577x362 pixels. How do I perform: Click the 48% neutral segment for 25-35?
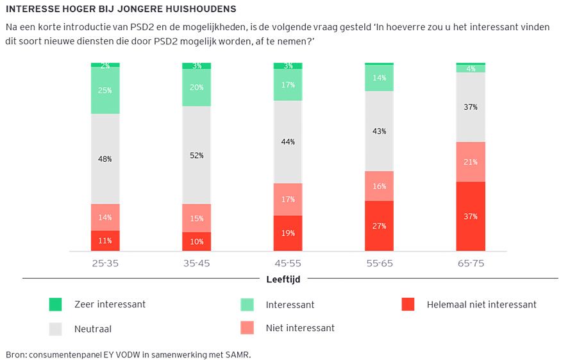coord(105,159)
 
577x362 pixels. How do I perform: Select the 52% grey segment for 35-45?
coord(196,155)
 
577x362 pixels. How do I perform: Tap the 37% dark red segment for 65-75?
coord(471,216)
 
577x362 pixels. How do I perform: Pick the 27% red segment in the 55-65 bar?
coord(379,226)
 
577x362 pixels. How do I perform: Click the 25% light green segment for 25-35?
coord(105,90)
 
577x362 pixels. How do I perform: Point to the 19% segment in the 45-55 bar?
coord(288,233)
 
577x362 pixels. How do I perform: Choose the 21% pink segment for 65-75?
coord(471,162)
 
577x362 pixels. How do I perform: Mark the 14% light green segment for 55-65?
coord(379,78)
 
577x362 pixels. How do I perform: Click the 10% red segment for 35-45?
coord(196,241)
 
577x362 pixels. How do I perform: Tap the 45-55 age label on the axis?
coord(288,263)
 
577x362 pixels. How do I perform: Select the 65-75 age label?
coord(471,263)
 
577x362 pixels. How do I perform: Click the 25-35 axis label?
coord(105,263)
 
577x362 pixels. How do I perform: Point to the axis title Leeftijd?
coord(283,279)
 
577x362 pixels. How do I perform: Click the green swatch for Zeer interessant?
coord(55,304)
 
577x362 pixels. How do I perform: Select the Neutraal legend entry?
coord(93,329)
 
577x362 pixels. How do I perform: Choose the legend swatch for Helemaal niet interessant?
coord(408,304)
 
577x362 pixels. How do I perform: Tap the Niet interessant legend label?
coord(300,328)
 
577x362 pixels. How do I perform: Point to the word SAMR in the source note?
coord(237,354)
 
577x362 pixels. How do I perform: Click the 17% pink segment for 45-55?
coord(288,199)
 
